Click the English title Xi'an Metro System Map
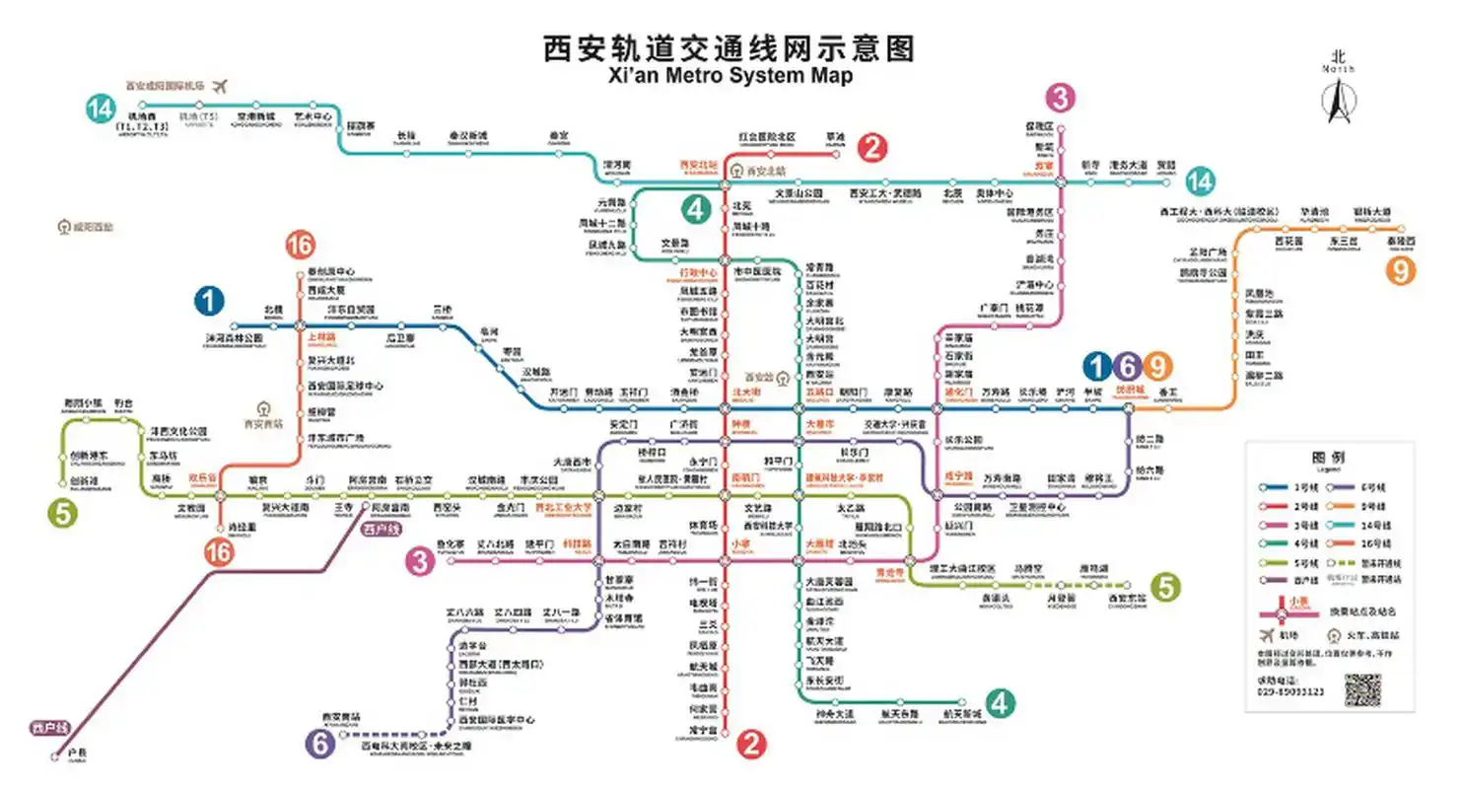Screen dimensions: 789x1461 coord(730,76)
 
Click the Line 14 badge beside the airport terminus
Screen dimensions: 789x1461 coord(100,108)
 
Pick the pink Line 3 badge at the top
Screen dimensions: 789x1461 coord(1060,98)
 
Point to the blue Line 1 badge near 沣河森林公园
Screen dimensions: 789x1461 coord(210,301)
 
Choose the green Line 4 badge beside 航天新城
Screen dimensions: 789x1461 coord(1000,703)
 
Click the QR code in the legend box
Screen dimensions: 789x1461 coord(1363,689)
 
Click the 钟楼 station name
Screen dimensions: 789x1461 coord(741,424)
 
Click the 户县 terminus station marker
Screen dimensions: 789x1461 coord(55,756)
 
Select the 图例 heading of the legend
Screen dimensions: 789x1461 coord(1329,458)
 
